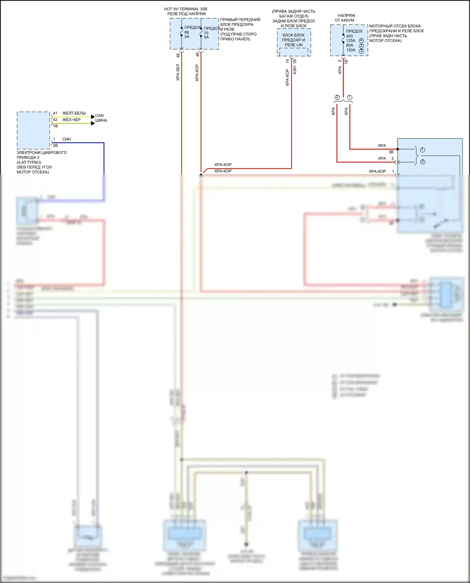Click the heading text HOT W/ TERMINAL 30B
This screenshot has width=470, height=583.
185,9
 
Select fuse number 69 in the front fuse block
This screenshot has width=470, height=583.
187,32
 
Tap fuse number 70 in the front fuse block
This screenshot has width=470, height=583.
206,33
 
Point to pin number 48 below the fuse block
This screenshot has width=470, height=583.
178,55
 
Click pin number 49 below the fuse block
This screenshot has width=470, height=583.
197,55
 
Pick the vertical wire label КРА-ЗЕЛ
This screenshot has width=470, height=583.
178,72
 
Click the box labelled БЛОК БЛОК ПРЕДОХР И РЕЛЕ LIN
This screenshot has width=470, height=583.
294,40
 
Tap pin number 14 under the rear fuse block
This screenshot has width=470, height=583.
287,61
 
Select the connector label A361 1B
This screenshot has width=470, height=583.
295,67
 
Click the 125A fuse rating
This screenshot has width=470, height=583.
351,40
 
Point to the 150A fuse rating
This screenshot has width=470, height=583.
351,50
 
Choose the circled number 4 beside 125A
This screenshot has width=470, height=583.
361,40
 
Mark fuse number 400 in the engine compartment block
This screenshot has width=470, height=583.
349,36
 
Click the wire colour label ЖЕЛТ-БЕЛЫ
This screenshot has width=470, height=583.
74,113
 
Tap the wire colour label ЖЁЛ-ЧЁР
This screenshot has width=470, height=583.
71,120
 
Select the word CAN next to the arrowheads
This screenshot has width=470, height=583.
99,116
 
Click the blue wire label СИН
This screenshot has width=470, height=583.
67,139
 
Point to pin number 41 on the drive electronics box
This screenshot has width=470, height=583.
55,113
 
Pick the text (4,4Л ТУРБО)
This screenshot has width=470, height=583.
29,162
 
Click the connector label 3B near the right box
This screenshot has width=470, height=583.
391,152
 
